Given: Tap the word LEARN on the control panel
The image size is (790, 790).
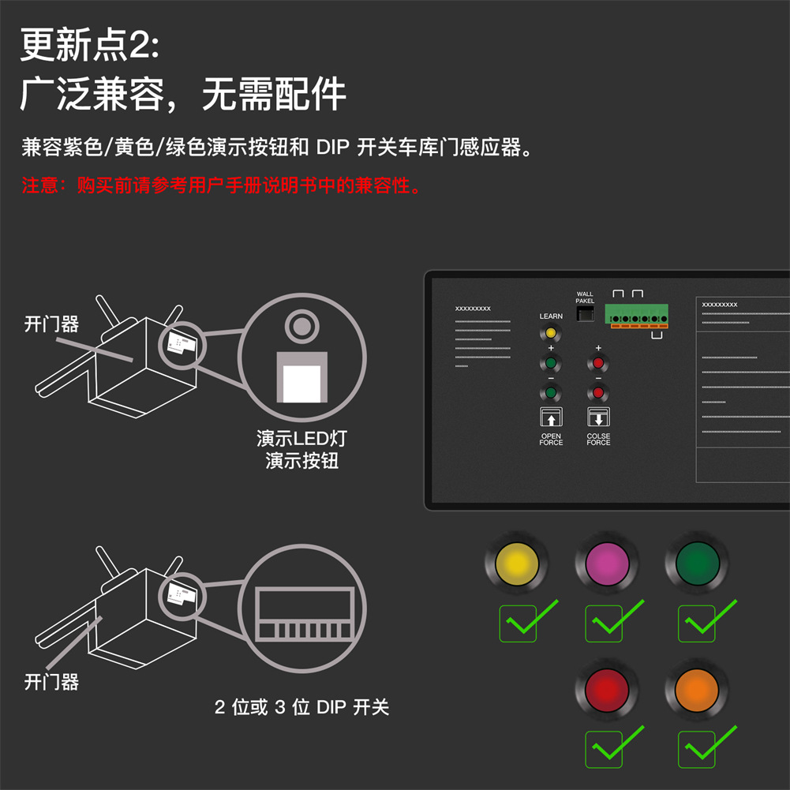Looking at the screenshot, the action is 551,316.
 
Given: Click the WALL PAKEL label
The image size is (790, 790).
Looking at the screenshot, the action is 585,298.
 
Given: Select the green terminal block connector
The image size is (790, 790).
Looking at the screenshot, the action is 636,314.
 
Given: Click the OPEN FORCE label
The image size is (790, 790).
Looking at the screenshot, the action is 551,440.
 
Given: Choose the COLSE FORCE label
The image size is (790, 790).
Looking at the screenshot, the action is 598,440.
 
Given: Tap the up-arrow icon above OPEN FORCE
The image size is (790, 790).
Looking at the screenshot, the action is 551,417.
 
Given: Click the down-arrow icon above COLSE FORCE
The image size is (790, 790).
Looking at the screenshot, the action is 598,417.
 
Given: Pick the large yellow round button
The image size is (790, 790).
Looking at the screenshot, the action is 516,563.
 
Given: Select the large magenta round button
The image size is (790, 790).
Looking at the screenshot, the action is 608,563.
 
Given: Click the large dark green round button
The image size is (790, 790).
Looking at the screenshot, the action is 698,563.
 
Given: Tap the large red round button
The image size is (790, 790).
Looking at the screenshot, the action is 608,690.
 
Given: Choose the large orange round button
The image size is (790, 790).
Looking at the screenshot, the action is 698,690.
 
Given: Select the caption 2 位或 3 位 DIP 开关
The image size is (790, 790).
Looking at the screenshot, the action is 302,706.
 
